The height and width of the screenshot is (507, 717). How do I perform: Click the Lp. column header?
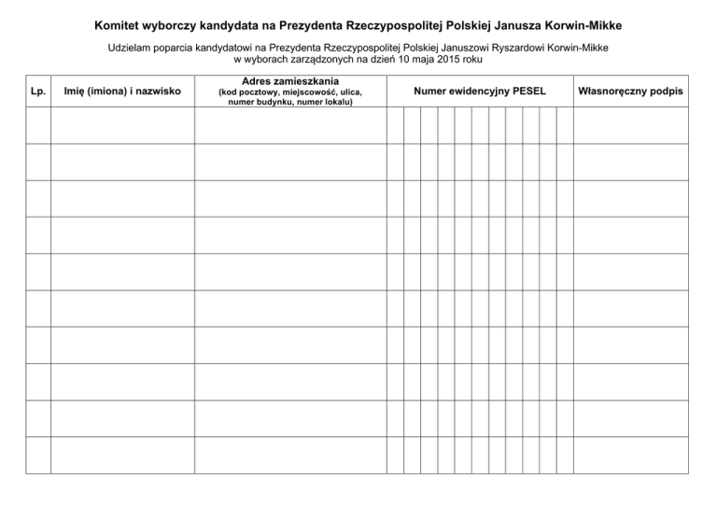37,92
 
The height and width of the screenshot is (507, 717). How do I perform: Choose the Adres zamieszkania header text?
289,81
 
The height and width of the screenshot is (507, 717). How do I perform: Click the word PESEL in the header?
527,92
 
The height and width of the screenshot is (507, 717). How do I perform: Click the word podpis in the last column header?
667,92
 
